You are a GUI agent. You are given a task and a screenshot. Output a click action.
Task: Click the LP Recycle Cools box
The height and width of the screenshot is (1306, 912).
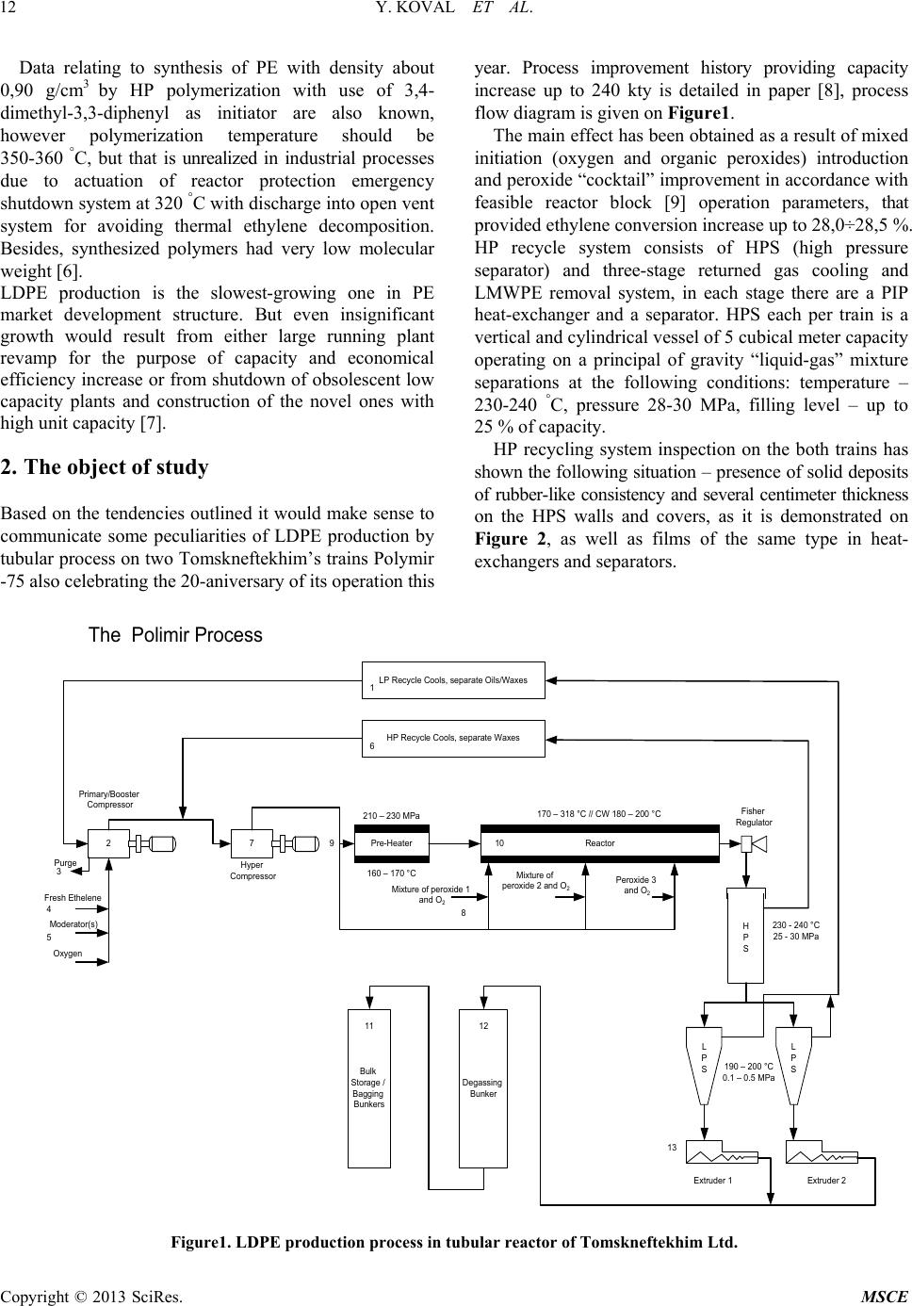point(453,680)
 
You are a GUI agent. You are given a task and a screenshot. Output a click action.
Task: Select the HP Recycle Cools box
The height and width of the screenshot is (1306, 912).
point(453,738)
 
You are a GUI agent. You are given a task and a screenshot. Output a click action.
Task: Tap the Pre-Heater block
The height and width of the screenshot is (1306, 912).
point(391,843)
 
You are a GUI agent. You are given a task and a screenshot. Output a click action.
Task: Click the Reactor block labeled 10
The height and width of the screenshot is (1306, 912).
point(599,843)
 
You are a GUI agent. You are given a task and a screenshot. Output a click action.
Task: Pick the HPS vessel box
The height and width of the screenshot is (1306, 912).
point(745,937)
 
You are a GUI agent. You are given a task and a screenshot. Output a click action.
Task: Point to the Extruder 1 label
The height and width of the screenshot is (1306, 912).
point(712,1181)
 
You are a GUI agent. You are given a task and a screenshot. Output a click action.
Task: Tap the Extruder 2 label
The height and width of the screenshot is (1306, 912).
point(826,1181)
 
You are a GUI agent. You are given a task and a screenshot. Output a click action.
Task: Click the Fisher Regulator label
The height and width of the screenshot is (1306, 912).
point(753,817)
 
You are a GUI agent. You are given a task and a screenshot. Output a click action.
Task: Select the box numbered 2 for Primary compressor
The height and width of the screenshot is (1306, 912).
point(108,843)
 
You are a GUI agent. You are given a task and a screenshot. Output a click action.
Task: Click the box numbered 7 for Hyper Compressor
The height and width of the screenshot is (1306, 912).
point(252,843)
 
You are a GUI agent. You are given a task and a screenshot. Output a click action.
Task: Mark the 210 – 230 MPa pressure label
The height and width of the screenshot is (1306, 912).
point(391,816)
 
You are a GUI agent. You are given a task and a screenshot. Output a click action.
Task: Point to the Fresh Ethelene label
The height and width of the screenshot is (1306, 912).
point(73,898)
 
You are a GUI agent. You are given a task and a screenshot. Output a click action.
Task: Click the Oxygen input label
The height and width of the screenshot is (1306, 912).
point(68,954)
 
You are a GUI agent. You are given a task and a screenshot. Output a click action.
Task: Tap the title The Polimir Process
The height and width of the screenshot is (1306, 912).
point(175,635)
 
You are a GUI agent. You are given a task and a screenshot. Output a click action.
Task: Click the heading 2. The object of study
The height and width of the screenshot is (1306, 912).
point(105,467)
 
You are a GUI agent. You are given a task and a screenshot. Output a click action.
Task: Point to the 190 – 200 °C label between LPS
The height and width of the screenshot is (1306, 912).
point(748,1067)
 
